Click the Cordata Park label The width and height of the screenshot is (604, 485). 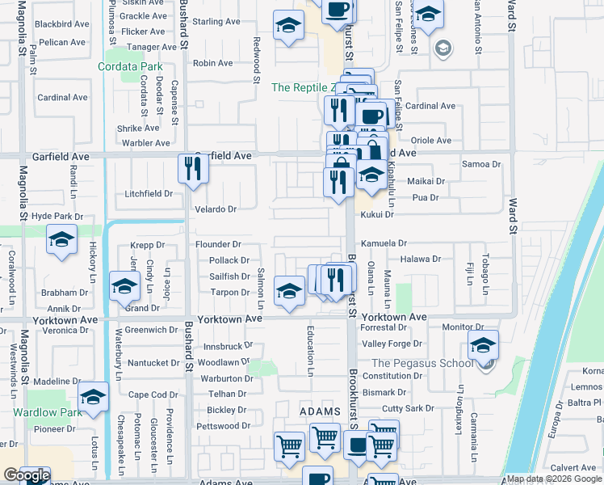(130, 67)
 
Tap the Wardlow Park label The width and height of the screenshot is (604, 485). (48, 412)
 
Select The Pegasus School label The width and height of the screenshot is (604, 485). (422, 363)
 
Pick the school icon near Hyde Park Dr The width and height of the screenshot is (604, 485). (61, 240)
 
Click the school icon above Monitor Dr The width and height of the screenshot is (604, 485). (483, 345)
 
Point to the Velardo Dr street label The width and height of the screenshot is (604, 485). (216, 209)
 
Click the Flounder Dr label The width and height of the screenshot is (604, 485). (219, 244)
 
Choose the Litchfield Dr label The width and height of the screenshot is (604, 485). (149, 194)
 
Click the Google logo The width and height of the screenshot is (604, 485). (26, 476)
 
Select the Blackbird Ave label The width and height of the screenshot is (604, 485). (63, 23)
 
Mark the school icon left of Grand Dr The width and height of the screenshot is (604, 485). (124, 289)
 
